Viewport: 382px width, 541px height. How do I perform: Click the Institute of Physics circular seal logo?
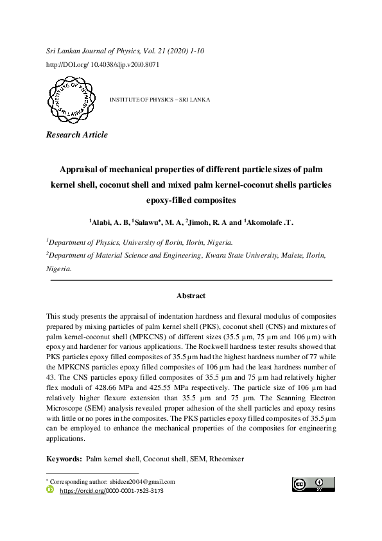(69, 100)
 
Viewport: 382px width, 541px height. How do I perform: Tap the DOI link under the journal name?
(103, 65)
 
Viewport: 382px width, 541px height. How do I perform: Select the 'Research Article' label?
(76, 135)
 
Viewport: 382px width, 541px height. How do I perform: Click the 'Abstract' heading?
(191, 296)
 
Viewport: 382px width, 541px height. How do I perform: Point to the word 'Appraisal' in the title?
(85, 170)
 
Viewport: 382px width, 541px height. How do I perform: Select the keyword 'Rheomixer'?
(229, 460)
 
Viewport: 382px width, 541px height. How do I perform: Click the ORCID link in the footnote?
(111, 490)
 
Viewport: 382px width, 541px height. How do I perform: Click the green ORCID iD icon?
(51, 490)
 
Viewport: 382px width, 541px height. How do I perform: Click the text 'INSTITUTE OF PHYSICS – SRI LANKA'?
(160, 100)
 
